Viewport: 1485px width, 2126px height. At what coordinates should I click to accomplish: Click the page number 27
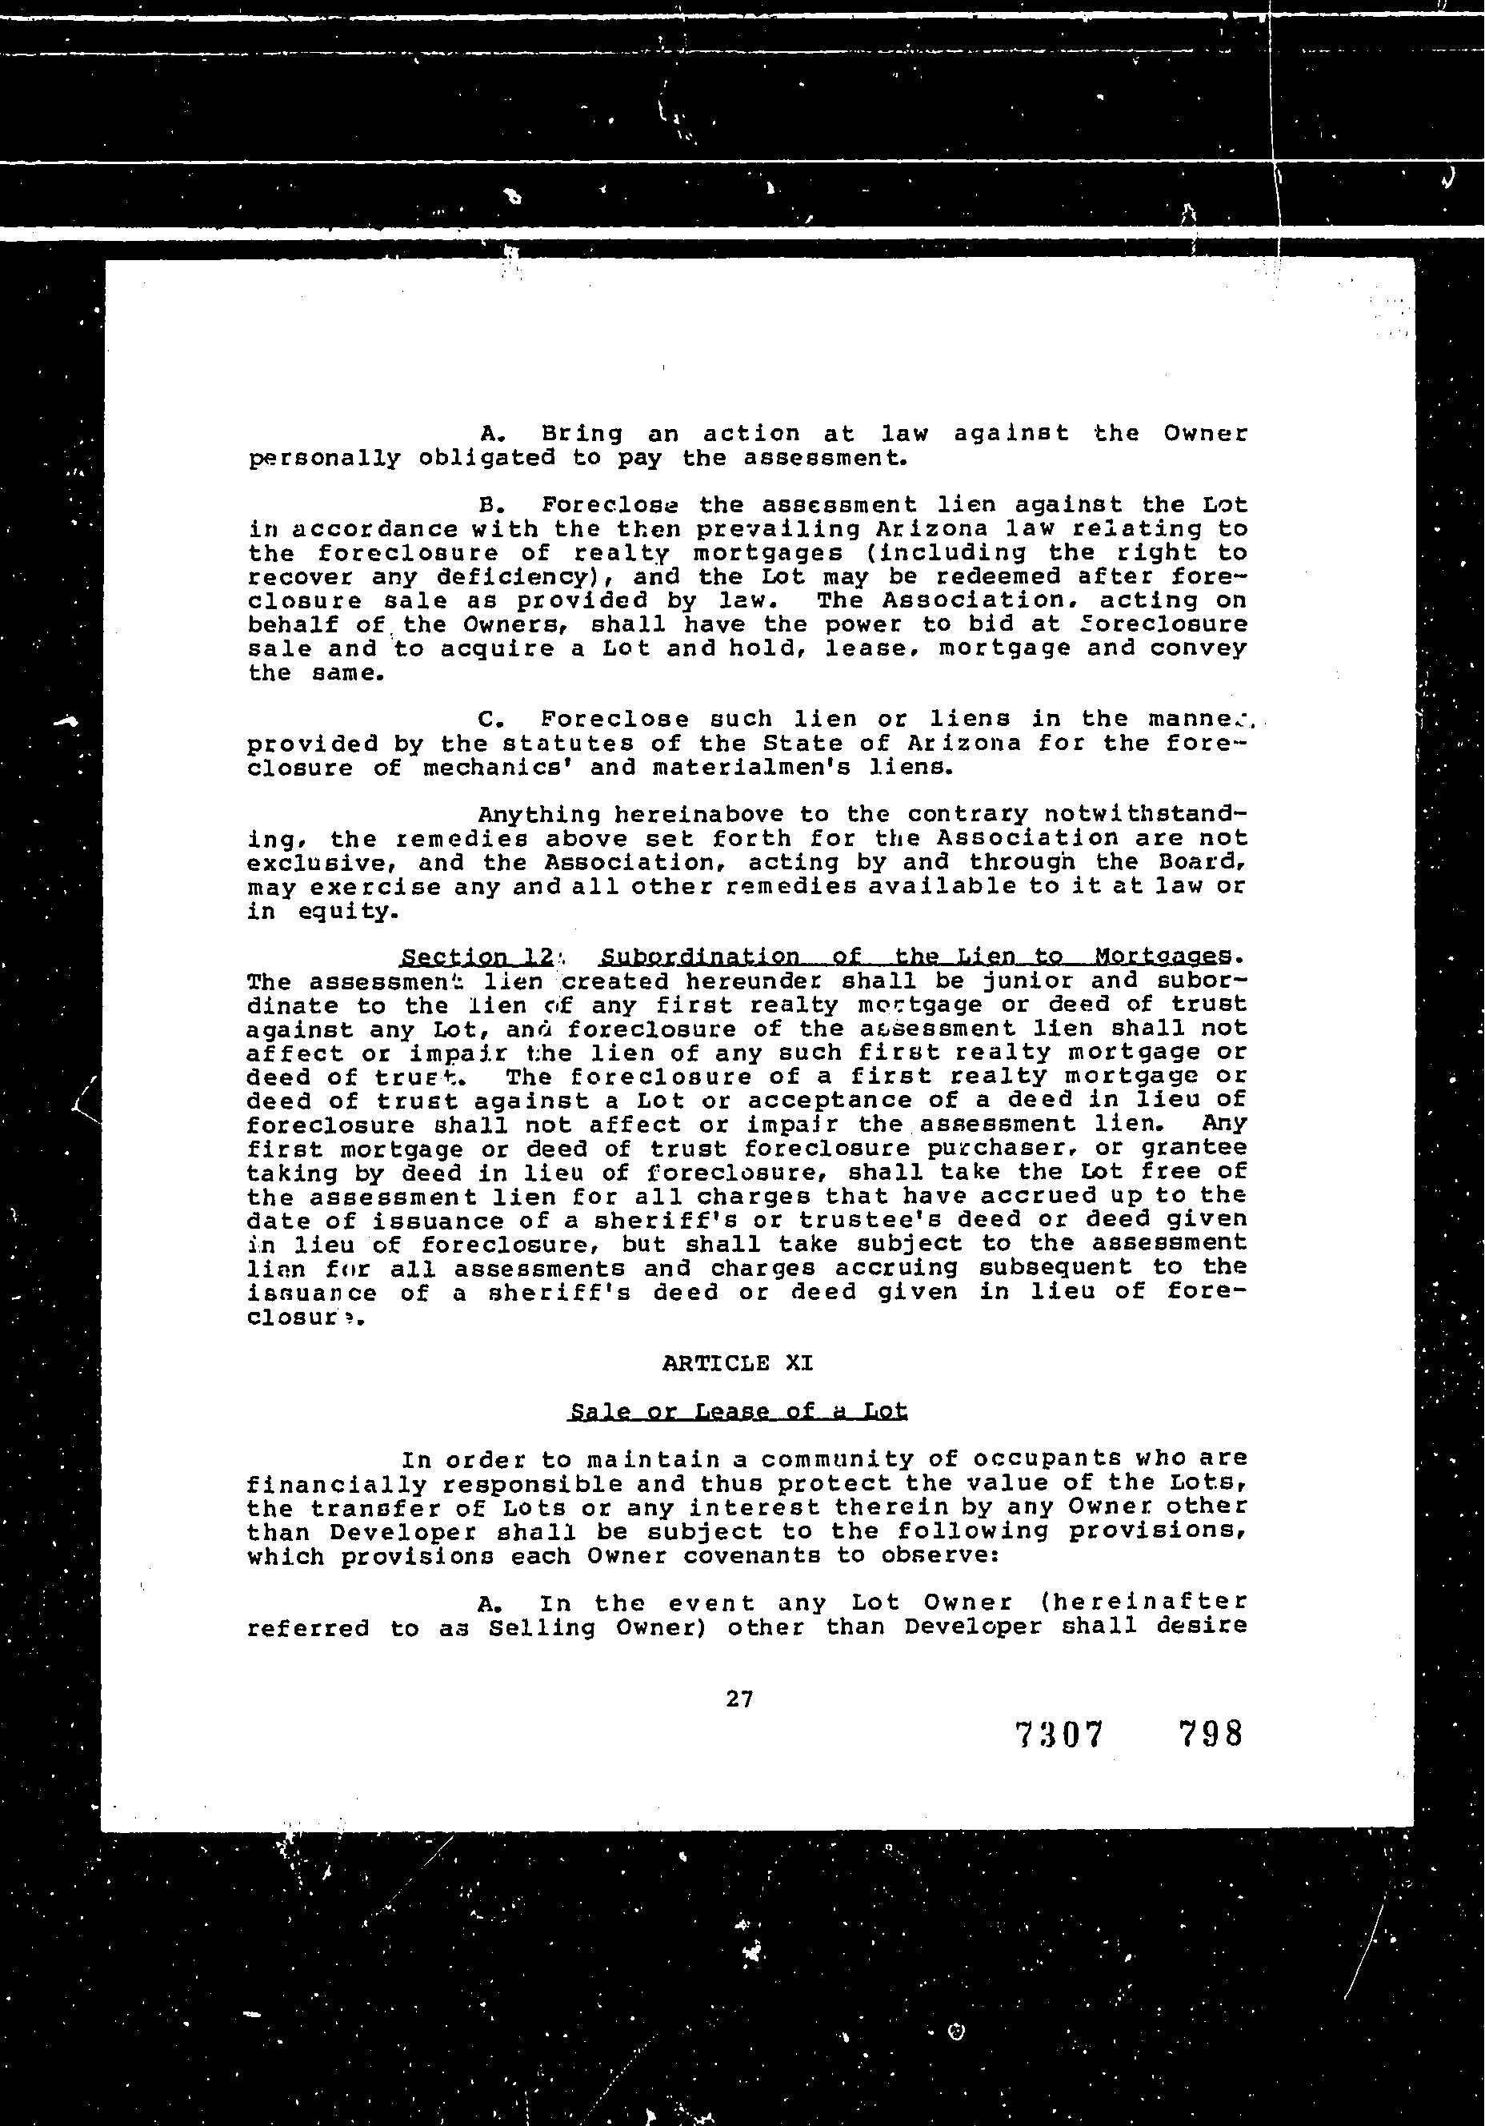(740, 1699)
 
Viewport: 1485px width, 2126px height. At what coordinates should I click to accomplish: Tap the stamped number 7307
(1060, 1735)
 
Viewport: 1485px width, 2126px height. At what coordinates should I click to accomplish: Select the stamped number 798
(1209, 1734)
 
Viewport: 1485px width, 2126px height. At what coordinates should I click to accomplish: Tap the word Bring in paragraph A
(582, 433)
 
